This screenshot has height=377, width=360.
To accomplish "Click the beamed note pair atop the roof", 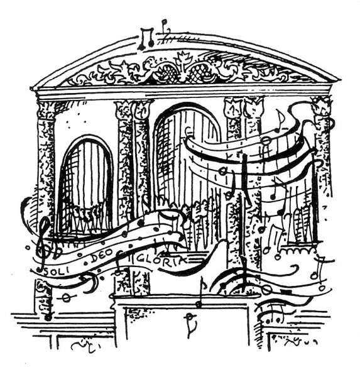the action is [146, 38].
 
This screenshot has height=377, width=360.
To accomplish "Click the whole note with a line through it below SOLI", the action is [65, 298].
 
